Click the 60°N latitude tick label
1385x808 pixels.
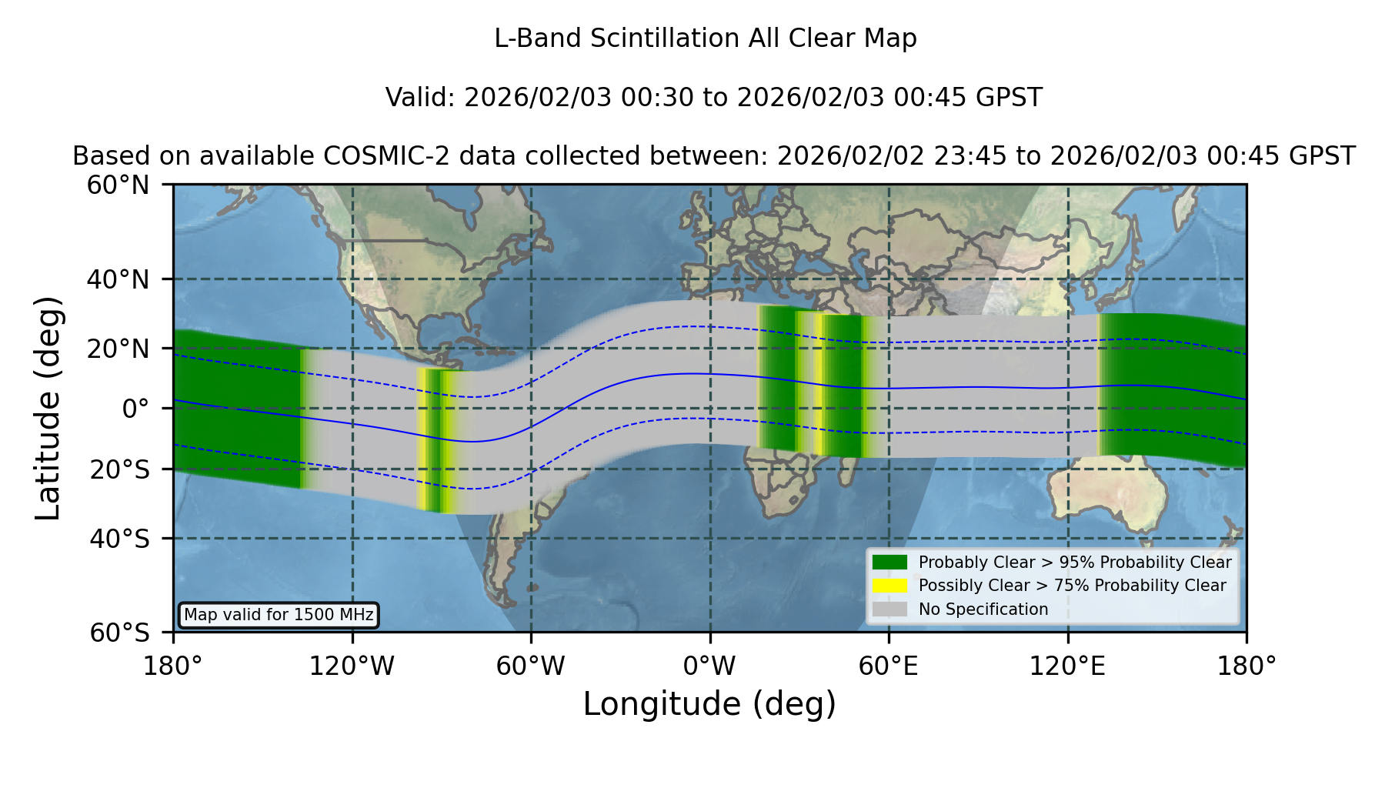coord(118,185)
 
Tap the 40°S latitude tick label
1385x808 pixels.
coord(119,539)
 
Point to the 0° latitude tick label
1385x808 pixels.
coord(135,409)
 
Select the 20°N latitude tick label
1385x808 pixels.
coord(118,349)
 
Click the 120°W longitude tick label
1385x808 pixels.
coord(352,666)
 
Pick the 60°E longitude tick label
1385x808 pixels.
coord(889,666)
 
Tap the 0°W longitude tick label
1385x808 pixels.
coord(709,666)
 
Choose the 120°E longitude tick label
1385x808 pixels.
coord(1067,666)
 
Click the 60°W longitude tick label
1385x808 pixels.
coord(531,666)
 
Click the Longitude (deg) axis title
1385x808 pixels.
coord(709,704)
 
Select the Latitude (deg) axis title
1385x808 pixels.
coord(48,408)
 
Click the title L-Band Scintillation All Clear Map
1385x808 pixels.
coord(706,38)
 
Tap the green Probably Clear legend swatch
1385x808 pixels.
coord(890,562)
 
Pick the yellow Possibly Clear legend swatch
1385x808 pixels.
coord(890,585)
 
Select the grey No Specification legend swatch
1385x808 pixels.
coord(890,609)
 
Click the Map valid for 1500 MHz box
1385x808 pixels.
coord(279,615)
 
